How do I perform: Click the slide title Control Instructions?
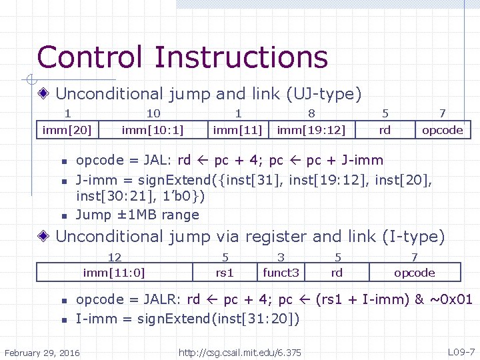click(182, 57)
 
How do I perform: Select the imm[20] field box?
click(67, 129)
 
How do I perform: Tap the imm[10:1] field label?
click(153, 129)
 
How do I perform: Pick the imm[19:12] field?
click(311, 129)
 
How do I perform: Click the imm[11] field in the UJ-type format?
click(238, 129)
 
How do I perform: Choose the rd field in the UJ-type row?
click(385, 129)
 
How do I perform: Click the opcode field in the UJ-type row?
click(442, 129)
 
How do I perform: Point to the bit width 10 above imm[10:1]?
click(153, 114)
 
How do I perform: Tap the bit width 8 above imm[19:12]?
click(311, 114)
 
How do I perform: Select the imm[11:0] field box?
click(114, 272)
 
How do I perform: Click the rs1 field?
click(225, 272)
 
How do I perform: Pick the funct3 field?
click(281, 272)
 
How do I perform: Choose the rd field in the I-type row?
click(337, 272)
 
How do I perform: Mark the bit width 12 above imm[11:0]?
click(114, 257)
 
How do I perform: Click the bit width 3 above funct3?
click(281, 257)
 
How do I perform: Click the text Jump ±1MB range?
click(137, 215)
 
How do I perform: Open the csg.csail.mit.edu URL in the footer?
click(240, 352)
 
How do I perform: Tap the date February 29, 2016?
click(42, 352)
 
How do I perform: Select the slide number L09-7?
click(461, 351)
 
